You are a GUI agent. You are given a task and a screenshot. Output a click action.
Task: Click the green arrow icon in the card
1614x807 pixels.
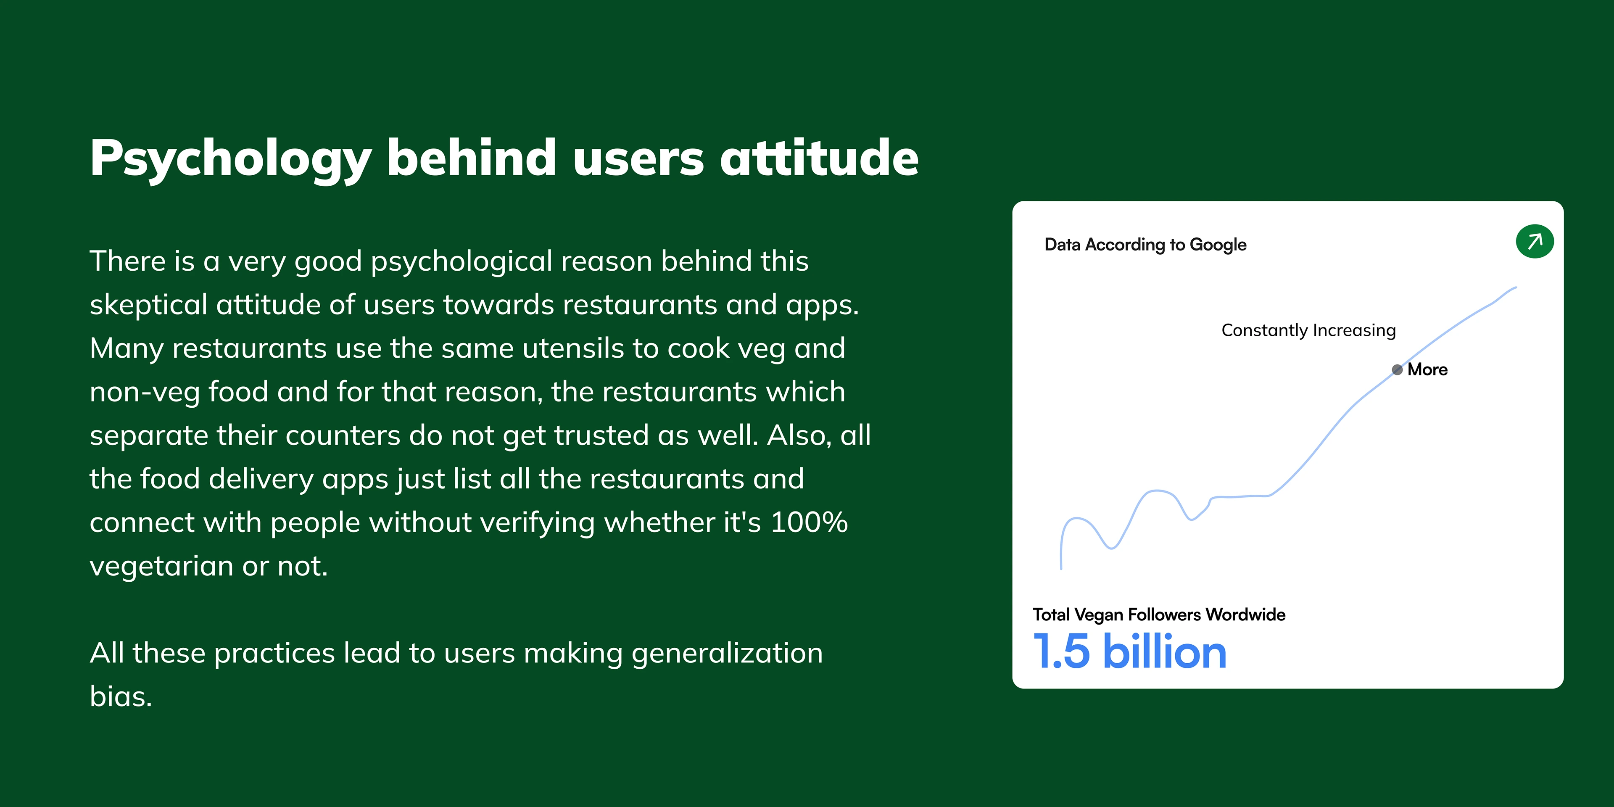(x=1535, y=241)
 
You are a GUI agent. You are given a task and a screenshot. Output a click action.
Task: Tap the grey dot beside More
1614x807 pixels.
(x=1397, y=370)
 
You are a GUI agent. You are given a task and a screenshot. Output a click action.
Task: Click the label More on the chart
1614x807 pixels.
(x=1427, y=370)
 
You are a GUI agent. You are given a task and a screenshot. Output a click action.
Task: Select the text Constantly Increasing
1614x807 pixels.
(x=1308, y=330)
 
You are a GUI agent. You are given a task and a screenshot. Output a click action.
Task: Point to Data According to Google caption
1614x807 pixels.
(x=1145, y=244)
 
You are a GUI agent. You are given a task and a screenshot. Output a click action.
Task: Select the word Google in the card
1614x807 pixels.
(x=1218, y=245)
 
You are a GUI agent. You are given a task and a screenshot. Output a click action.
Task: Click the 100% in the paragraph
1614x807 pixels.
(x=809, y=522)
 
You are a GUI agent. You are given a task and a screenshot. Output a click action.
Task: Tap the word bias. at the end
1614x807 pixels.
(x=121, y=696)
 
